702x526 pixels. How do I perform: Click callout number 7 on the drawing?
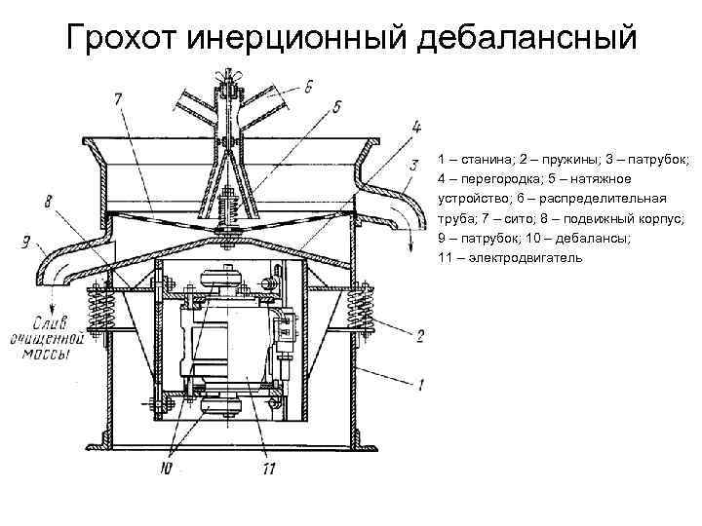[117, 98]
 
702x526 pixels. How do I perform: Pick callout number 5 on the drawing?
[336, 106]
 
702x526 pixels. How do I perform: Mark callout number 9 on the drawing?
[25, 237]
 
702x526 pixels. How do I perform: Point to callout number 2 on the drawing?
[420, 336]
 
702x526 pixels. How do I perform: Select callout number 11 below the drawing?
[269, 470]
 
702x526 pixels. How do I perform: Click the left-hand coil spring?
[101, 314]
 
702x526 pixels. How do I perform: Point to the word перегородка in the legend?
[490, 178]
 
